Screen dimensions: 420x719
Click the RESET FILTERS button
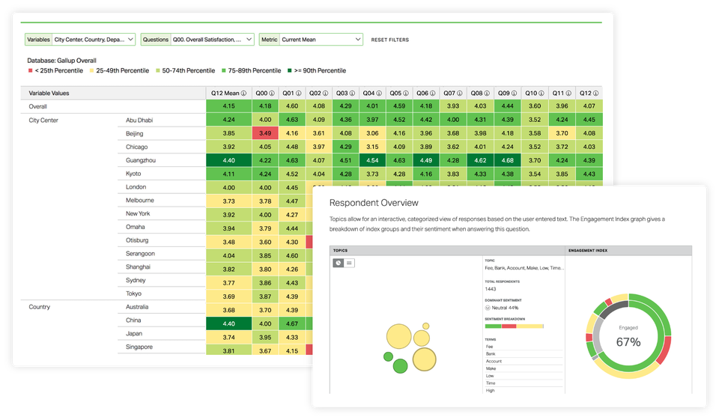click(x=390, y=40)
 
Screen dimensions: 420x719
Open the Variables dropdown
click(x=79, y=39)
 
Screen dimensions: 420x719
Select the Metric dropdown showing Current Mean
click(x=311, y=39)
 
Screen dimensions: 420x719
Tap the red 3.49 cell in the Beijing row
click(x=264, y=133)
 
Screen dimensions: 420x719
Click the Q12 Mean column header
click(x=228, y=93)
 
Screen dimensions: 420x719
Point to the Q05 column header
click(x=399, y=93)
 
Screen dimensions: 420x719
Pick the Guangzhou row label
click(x=142, y=160)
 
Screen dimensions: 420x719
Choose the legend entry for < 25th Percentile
click(x=56, y=70)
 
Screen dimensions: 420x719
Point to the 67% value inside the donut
click(x=628, y=342)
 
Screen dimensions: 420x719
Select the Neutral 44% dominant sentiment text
click(x=506, y=308)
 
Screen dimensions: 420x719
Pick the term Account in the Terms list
click(x=494, y=362)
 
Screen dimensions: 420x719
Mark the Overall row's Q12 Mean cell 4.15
click(x=228, y=106)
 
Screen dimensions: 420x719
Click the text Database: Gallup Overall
click(x=61, y=60)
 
